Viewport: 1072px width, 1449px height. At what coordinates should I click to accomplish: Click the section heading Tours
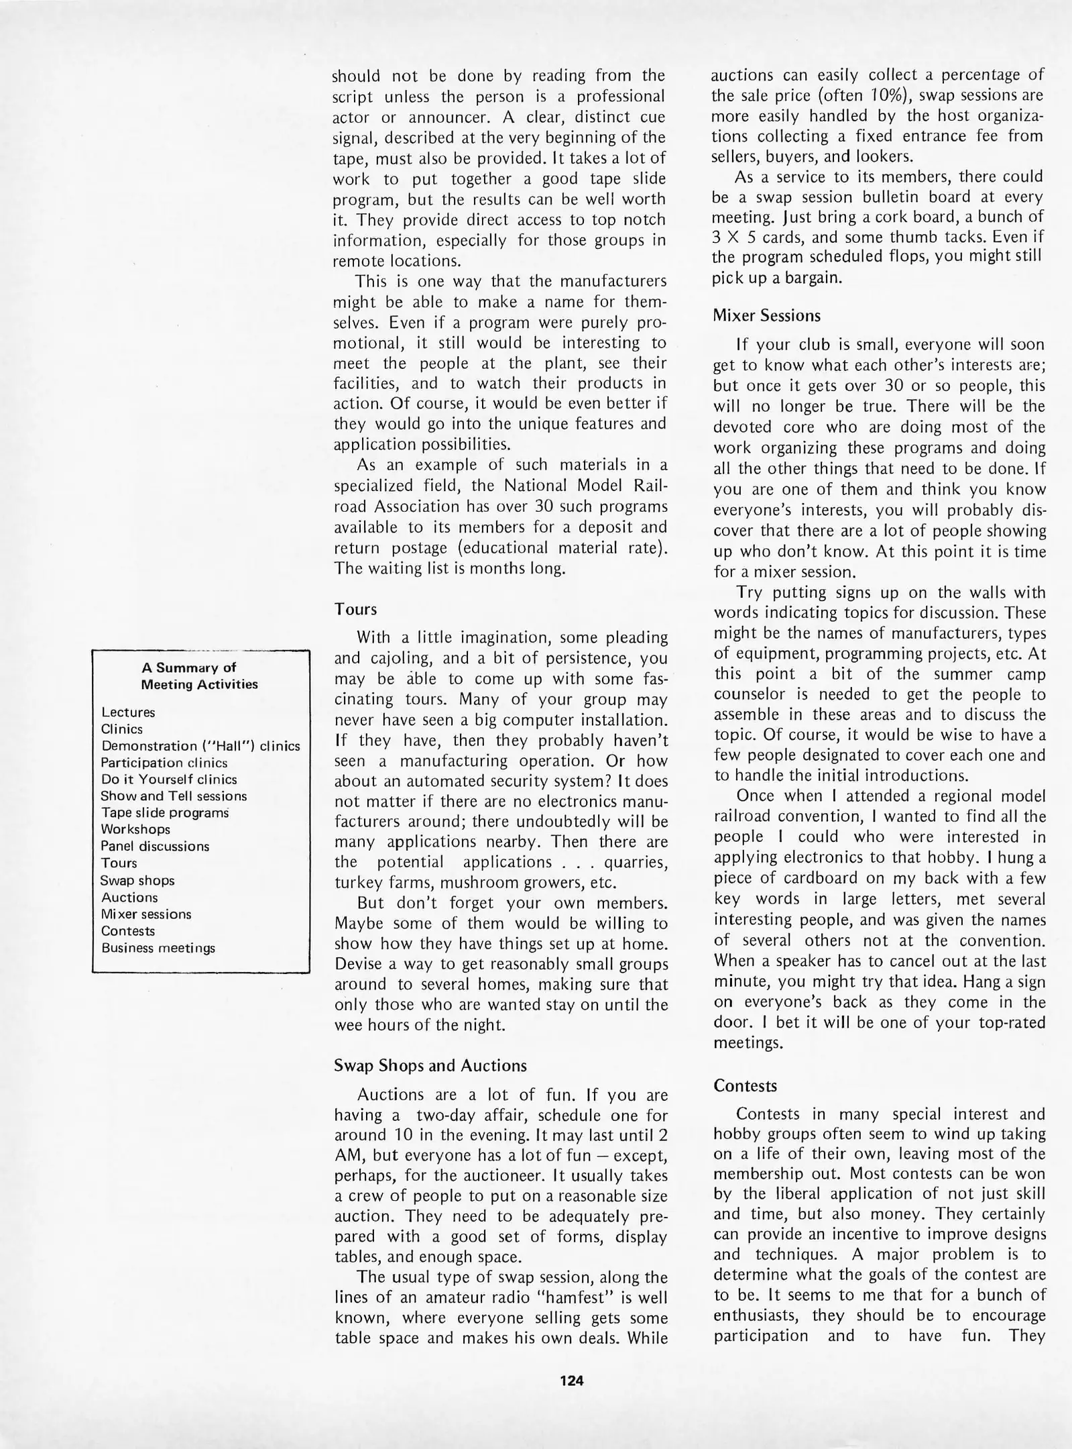[355, 610]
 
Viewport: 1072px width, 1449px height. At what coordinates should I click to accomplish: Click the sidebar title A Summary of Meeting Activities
[199, 676]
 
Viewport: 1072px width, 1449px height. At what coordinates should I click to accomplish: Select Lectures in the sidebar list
[128, 712]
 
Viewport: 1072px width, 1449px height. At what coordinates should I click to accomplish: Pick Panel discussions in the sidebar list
[155, 847]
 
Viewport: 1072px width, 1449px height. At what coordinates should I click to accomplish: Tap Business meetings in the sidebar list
[158, 949]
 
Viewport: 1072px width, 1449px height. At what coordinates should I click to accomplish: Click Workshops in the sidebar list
[135, 830]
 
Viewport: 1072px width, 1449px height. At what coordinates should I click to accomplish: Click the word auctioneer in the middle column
[495, 1176]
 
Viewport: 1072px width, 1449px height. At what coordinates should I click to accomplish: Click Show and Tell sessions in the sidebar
[174, 796]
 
